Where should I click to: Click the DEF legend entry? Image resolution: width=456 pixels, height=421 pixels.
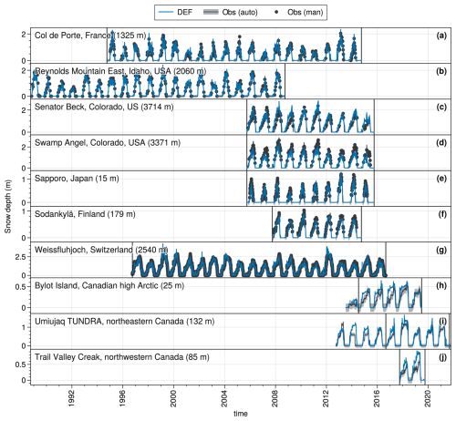175,12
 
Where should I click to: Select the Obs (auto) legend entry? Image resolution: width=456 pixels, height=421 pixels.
231,12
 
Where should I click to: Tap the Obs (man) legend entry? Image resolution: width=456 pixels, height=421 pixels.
298,12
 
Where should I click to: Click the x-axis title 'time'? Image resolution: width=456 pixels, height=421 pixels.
241,414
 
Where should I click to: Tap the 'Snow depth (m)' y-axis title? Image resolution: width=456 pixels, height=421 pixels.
7,207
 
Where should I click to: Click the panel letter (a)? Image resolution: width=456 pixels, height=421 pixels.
441,36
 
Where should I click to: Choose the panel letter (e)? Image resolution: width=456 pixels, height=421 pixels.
441,179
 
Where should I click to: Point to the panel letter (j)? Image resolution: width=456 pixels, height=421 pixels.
442,357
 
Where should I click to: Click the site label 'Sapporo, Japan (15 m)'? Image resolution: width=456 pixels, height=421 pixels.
77,179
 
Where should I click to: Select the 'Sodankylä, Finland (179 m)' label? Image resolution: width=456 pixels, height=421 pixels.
85,214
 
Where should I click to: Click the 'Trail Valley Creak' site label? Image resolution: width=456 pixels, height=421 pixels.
68,357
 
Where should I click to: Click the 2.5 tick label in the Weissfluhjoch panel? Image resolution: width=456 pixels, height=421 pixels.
21,257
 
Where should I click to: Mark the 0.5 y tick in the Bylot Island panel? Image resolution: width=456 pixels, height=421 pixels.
21,287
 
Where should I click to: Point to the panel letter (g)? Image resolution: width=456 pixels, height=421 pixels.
441,250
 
